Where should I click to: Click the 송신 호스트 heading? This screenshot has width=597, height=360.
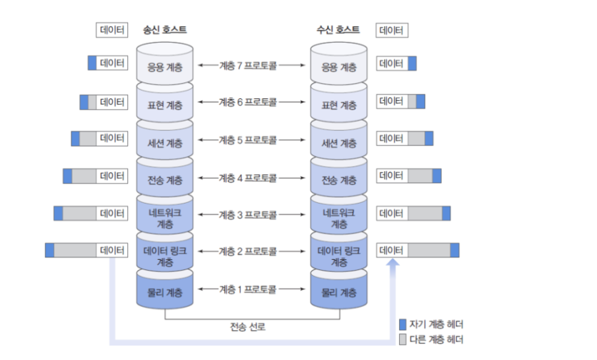pyautogui.click(x=165, y=30)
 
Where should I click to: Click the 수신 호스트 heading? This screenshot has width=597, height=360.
pyautogui.click(x=338, y=30)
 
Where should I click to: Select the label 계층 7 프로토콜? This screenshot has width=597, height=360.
pyautogui.click(x=247, y=64)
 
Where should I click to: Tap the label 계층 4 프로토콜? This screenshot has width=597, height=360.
pyautogui.click(x=247, y=178)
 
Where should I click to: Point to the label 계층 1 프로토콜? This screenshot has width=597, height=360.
pyautogui.click(x=247, y=289)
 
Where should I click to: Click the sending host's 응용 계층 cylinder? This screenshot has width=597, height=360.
pyautogui.click(x=165, y=66)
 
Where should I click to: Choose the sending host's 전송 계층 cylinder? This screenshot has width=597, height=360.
pyautogui.click(x=165, y=180)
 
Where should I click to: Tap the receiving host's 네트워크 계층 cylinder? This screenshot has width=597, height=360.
pyautogui.click(x=339, y=218)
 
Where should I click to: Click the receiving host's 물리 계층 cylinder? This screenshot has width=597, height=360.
pyautogui.click(x=339, y=293)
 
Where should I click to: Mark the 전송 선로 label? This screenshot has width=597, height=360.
pyautogui.click(x=247, y=327)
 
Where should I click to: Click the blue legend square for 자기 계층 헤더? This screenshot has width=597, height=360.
pyautogui.click(x=402, y=324)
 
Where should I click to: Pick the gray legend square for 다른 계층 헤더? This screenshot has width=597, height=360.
pyautogui.click(x=402, y=340)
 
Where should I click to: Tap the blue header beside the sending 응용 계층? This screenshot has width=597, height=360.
pyautogui.click(x=92, y=63)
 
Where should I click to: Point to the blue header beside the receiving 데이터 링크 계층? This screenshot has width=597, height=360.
pyautogui.click(x=454, y=250)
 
